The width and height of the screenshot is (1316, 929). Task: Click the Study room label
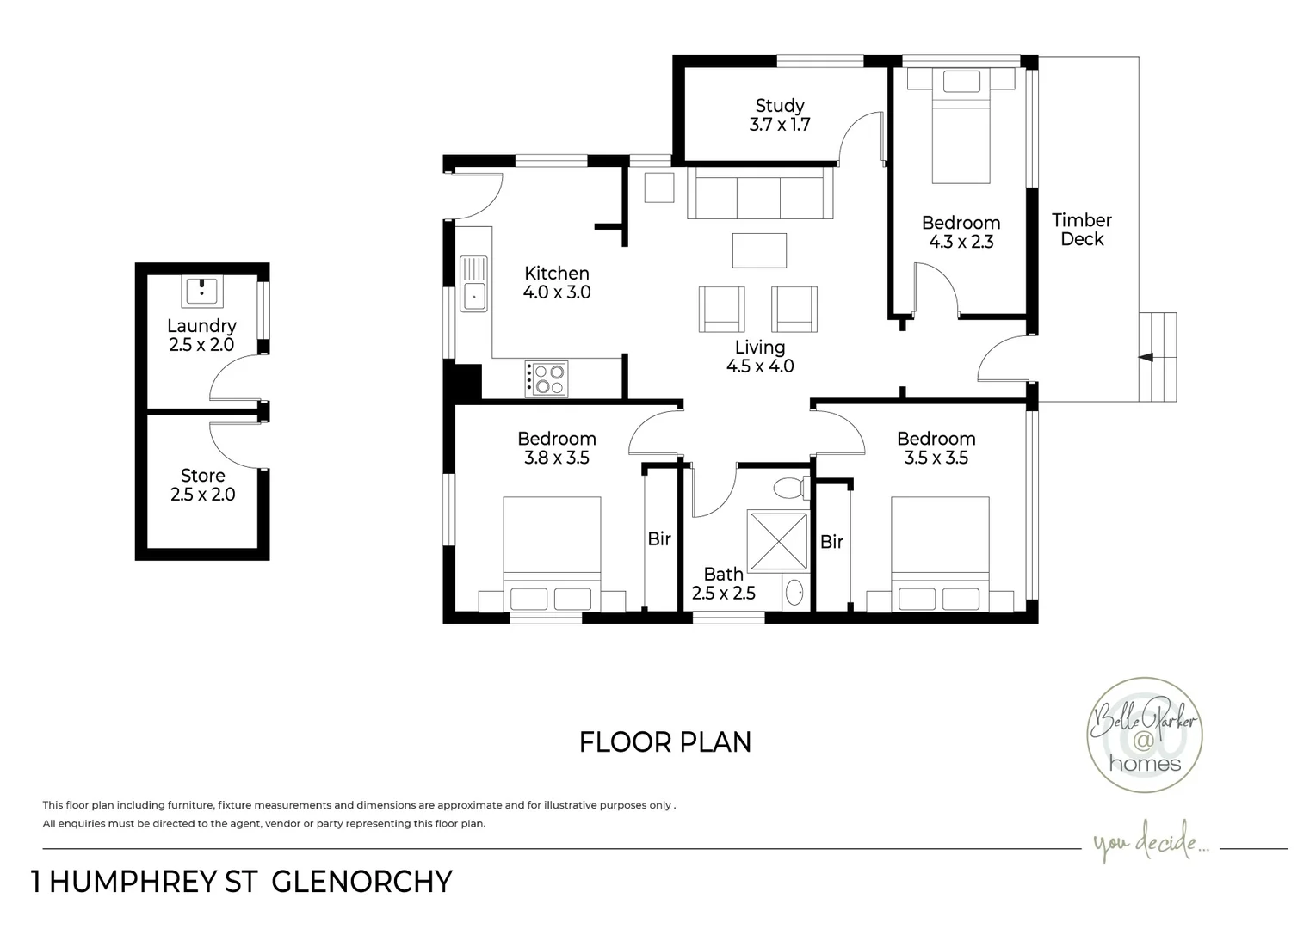coord(780,115)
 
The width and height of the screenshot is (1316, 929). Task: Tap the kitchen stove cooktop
coord(546,378)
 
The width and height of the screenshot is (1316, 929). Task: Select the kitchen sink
coord(473,284)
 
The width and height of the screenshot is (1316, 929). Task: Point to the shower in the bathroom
coord(778,541)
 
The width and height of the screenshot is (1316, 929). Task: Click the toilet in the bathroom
coord(791,488)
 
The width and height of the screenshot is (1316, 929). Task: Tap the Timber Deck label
coord(1082,230)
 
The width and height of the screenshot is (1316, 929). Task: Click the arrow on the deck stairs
coord(1146,357)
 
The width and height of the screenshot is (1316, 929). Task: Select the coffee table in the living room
coord(760,251)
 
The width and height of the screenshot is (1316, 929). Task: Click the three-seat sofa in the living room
coord(760,193)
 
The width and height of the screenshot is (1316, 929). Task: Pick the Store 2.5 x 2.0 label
coord(202,484)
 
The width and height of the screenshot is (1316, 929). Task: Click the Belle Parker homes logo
coord(1145,735)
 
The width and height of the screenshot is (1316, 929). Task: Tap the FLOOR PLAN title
coord(665,742)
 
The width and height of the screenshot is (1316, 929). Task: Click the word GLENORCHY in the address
coord(361,882)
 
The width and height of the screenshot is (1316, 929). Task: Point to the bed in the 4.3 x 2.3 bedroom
coord(961,126)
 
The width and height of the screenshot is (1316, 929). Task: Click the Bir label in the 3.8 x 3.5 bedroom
coord(659,539)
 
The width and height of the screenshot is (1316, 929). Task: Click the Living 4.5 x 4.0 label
coord(760,356)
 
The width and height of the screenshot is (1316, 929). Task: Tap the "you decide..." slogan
coord(1151,842)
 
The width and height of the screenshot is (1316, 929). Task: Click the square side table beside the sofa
coord(659,188)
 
